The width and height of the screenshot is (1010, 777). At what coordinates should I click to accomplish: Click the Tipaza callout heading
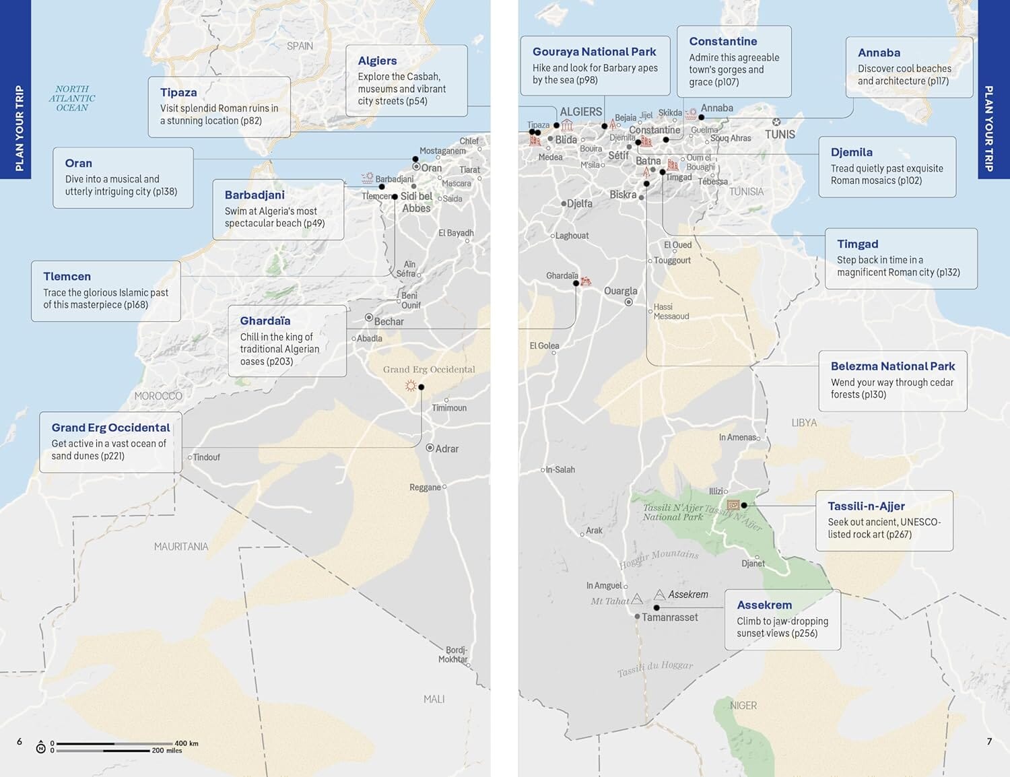pyautogui.click(x=178, y=93)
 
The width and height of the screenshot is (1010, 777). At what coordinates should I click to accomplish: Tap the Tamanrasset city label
pyautogui.click(x=669, y=617)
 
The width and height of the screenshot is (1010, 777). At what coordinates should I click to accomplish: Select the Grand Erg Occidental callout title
pyautogui.click(x=110, y=428)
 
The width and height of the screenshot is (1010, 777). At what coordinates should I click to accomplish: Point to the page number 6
pyautogui.click(x=20, y=741)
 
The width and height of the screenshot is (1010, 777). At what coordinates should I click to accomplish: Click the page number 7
pyautogui.click(x=989, y=741)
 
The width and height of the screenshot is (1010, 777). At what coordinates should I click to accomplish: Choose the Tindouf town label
pyautogui.click(x=206, y=458)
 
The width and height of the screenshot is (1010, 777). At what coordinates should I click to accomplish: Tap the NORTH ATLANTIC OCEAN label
pyautogui.click(x=72, y=98)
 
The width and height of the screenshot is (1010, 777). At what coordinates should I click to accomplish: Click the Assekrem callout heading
pyautogui.click(x=764, y=605)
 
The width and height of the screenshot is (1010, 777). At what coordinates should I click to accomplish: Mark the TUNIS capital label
pyautogui.click(x=780, y=135)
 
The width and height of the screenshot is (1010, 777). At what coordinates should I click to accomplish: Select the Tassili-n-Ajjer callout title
pyautogui.click(x=866, y=506)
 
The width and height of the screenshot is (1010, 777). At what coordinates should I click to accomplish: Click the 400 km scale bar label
pyautogui.click(x=187, y=743)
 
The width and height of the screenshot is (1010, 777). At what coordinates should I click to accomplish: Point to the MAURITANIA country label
pyautogui.click(x=181, y=547)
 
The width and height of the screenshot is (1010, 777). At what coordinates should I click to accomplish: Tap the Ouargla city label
pyautogui.click(x=620, y=292)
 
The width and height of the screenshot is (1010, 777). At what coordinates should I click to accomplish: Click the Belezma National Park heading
pyautogui.click(x=893, y=366)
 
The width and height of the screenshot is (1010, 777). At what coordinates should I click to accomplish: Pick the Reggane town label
pyautogui.click(x=425, y=487)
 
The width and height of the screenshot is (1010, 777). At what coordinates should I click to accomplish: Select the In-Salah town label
pyautogui.click(x=560, y=470)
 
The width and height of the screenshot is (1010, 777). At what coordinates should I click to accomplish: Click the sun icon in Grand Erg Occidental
pyautogui.click(x=410, y=386)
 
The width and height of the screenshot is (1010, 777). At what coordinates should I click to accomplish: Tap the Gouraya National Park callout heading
pyautogui.click(x=594, y=52)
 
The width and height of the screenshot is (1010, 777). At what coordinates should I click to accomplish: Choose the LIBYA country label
pyautogui.click(x=804, y=423)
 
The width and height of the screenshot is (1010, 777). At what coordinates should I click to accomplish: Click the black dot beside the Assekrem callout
pyautogui.click(x=656, y=607)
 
